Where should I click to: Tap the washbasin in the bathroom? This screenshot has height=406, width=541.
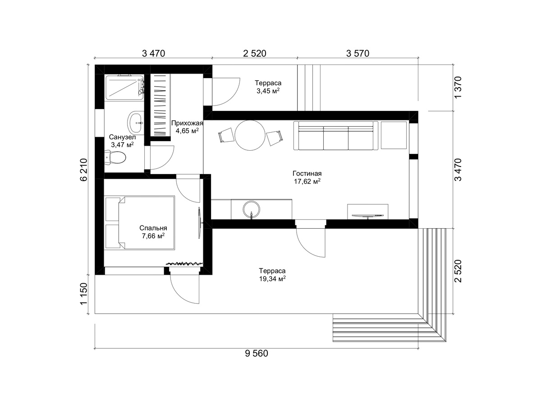coord(136,123)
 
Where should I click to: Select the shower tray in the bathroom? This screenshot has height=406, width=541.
coord(124,88)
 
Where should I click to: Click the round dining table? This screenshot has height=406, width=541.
coord(250,135)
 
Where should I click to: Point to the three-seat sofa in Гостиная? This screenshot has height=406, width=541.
coord(336,136)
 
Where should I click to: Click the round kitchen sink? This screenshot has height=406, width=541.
coord(252,209)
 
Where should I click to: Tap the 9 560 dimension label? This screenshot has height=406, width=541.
coord(257,354)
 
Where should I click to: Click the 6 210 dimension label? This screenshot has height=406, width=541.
coord(84,170)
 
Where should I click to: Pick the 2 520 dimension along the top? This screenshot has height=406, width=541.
coord(255,53)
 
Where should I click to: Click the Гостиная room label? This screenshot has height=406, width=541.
coord(307,173)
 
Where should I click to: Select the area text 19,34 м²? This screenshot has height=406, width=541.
coord(272,279)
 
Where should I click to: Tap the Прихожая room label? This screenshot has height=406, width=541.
coord(187,123)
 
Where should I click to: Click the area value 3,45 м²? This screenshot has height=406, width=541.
coord(268,91)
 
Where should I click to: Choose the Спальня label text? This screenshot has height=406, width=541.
coord(153,228)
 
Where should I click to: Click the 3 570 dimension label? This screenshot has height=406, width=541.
coord(358,53)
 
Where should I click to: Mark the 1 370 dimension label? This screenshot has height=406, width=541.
coord(458,88)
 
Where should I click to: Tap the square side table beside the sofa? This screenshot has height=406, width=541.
coord(394,135)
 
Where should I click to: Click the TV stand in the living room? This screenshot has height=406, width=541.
coord(368,212)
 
